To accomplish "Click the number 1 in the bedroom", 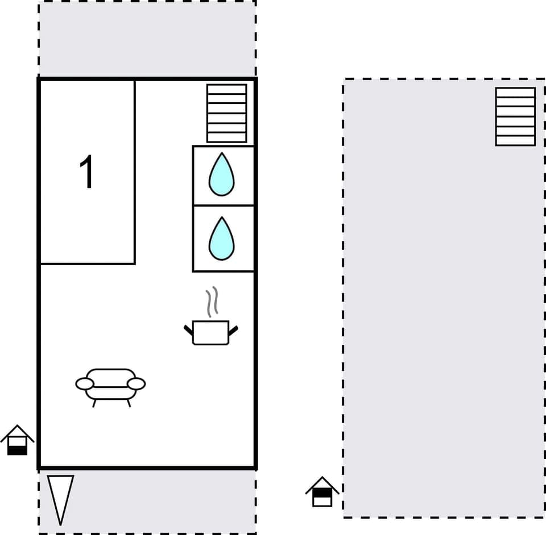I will click(x=87, y=172).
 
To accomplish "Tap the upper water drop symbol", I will click(x=221, y=174).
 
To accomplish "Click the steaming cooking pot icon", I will click(x=210, y=332).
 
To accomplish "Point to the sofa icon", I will click(x=110, y=385).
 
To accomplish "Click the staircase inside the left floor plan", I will click(x=226, y=113).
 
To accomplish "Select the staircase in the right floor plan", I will click(x=515, y=116).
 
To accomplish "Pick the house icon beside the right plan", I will click(x=322, y=492).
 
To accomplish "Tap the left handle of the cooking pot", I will click(x=188, y=329).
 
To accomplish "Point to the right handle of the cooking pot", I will click(x=233, y=329).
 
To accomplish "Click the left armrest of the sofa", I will click(x=85, y=384).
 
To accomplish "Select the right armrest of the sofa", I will click(x=136, y=384).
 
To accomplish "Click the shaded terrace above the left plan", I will click(x=147, y=39).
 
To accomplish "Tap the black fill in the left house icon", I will click(x=17, y=450).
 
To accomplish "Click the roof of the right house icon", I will click(x=322, y=484).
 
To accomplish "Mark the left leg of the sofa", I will click(x=94, y=403).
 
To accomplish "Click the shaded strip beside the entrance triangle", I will click(x=165, y=500).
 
